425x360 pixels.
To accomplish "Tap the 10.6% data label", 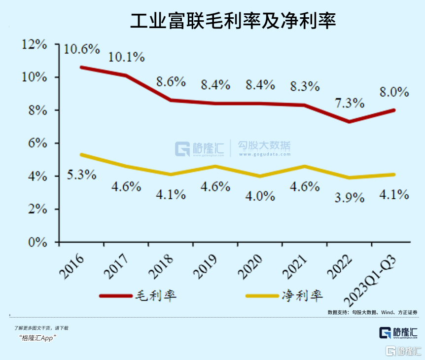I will [82, 49].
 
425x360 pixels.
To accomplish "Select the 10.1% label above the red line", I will [127, 57].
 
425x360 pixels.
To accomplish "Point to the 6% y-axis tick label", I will [37, 143].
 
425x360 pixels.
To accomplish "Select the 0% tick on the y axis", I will [37, 242].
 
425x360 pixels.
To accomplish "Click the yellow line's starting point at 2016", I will [81, 154].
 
